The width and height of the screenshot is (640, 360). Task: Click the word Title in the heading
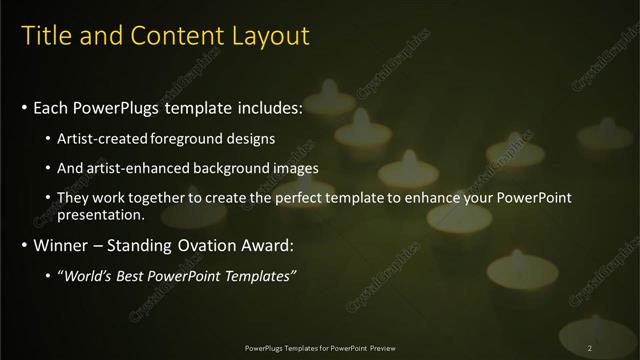pos(46,37)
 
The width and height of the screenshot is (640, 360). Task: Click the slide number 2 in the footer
pos(590,347)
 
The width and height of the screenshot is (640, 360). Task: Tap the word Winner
pos(59,245)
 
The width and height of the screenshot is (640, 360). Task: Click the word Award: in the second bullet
pos(274,245)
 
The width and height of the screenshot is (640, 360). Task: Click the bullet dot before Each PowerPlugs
pos(24,107)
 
